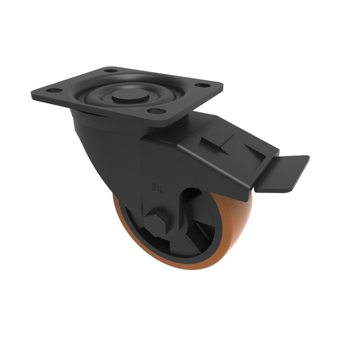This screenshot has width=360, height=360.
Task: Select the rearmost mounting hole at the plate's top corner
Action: tap(109, 71)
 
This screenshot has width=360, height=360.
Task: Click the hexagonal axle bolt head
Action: tap(155, 224)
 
